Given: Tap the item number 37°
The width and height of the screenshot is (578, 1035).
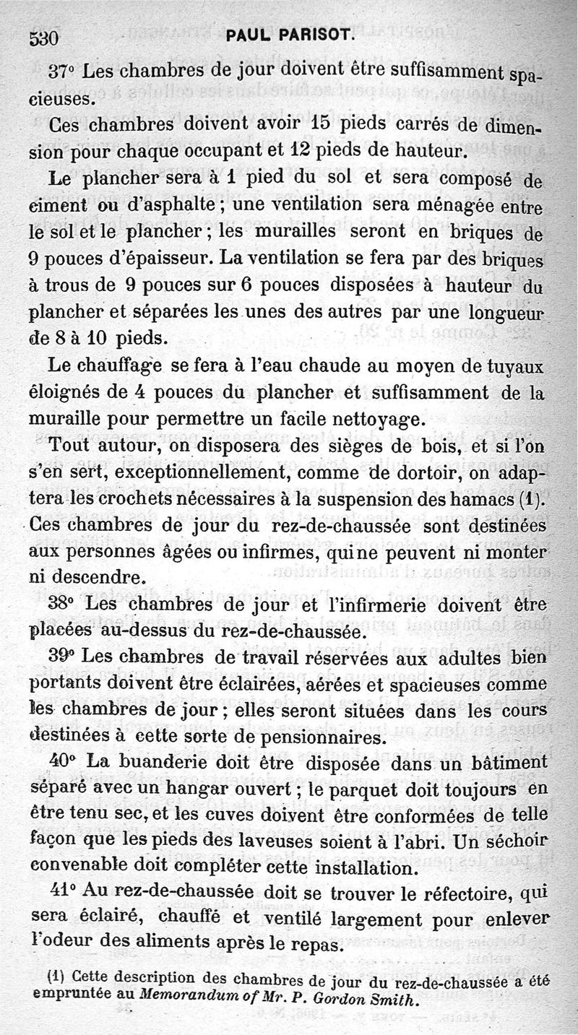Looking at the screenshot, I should (62, 72).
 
